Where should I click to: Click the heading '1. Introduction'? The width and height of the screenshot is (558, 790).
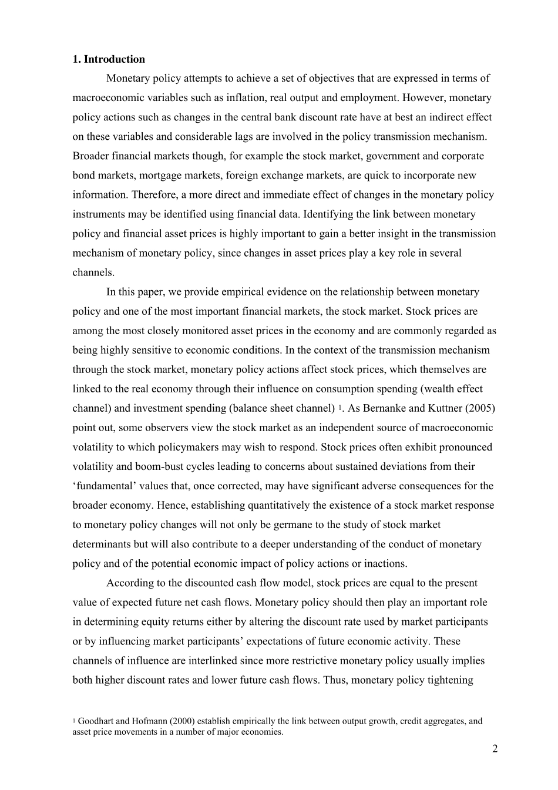click(x=109, y=59)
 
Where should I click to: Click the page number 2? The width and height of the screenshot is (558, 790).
click(x=495, y=749)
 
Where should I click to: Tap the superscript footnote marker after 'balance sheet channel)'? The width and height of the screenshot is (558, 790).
click(x=341, y=407)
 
